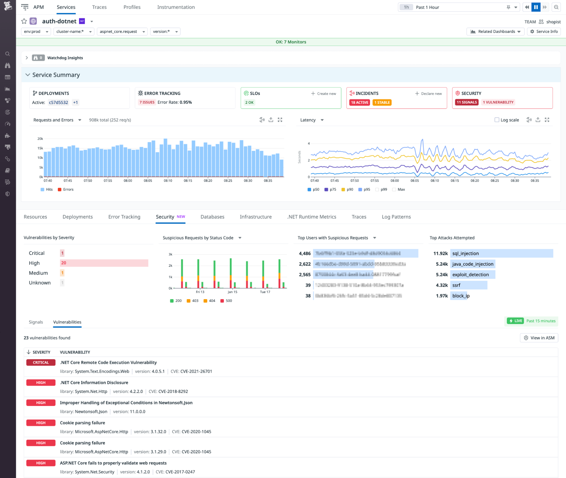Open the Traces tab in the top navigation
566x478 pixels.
tap(99, 7)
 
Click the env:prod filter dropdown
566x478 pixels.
tap(36, 31)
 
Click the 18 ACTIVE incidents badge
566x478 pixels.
tap(359, 102)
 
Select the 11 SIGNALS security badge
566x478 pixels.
tap(466, 102)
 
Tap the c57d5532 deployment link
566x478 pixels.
tap(58, 102)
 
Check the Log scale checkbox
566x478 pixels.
tap(497, 120)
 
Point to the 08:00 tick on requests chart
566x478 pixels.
tap(128, 180)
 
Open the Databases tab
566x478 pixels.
tap(212, 217)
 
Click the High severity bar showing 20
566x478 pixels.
tap(104, 263)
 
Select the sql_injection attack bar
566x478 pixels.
tap(501, 253)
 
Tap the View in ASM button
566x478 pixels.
tap(539, 338)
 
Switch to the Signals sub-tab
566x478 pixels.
tap(36, 322)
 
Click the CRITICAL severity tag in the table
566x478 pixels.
tap(41, 363)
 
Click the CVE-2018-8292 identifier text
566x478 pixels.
tap(173, 392)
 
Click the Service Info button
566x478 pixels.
tap(544, 31)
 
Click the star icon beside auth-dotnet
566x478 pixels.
tap(24, 21)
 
